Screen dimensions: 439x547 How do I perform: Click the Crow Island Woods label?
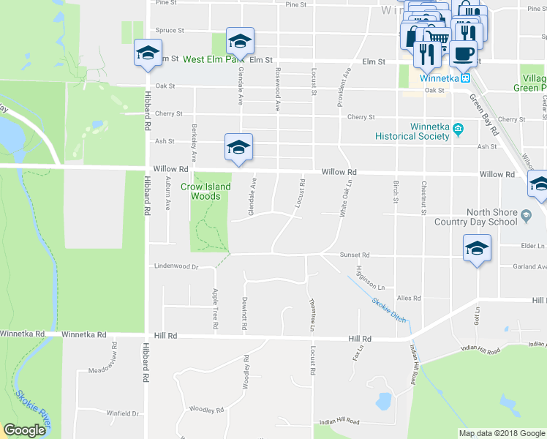click(206, 191)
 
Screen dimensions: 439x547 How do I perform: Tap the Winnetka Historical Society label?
click(411, 130)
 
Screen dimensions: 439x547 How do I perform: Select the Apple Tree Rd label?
click(215, 308)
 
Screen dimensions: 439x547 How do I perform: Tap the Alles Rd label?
click(409, 299)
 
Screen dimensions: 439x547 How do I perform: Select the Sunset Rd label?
click(355, 255)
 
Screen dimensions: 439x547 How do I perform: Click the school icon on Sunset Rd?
click(477, 248)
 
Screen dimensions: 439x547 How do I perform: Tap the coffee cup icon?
click(463, 53)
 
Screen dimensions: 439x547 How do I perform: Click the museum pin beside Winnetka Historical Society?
click(459, 130)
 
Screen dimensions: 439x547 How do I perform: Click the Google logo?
click(24, 431)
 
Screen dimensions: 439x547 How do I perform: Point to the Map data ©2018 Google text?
click(502, 433)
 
